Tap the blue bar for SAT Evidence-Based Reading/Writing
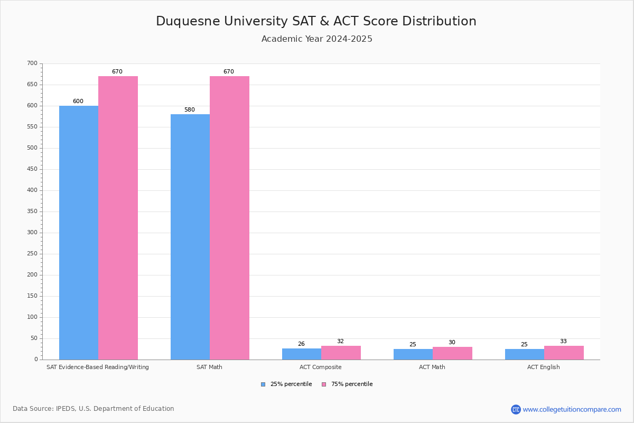79,233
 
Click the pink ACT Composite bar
341,353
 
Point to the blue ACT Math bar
413,354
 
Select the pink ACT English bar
564,353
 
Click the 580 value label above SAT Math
190,110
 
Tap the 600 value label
78,102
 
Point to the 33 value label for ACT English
563,342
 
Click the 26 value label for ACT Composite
301,344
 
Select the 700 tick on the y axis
32,63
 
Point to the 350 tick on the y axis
32,212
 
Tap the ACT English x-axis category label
543,367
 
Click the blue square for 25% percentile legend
263,384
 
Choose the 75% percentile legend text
352,384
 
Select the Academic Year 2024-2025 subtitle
317,39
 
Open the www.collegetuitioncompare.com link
572,409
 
